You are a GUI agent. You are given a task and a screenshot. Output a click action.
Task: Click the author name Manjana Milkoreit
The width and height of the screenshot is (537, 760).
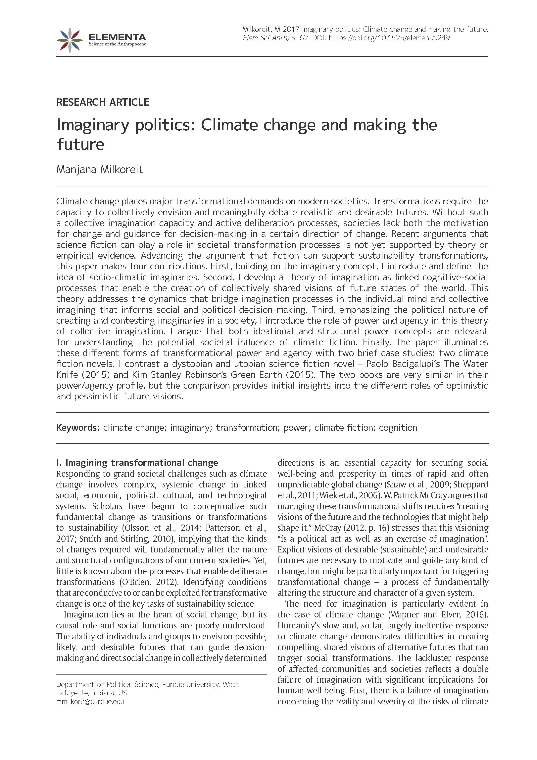point(100,169)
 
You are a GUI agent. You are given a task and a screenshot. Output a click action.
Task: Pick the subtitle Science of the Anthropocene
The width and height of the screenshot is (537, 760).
point(117,44)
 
